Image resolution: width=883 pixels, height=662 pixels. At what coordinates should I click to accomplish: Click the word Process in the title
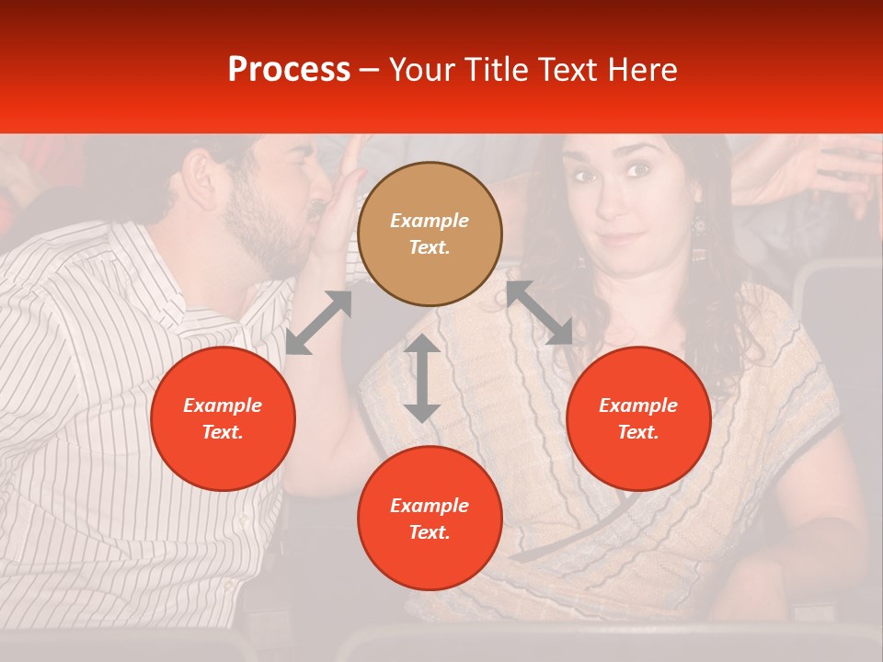(289, 70)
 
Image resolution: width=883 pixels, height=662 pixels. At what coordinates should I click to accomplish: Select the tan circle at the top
(430, 234)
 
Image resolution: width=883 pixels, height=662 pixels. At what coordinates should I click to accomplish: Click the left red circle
(223, 418)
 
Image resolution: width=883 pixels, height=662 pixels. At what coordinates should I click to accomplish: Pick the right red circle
(638, 418)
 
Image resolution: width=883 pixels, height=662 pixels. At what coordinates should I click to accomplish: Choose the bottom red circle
(430, 518)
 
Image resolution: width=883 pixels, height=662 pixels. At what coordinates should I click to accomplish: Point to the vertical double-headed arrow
(422, 378)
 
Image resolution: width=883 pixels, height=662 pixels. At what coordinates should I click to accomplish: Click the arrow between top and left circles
(318, 322)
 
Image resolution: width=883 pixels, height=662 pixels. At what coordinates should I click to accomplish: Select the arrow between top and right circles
(539, 313)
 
